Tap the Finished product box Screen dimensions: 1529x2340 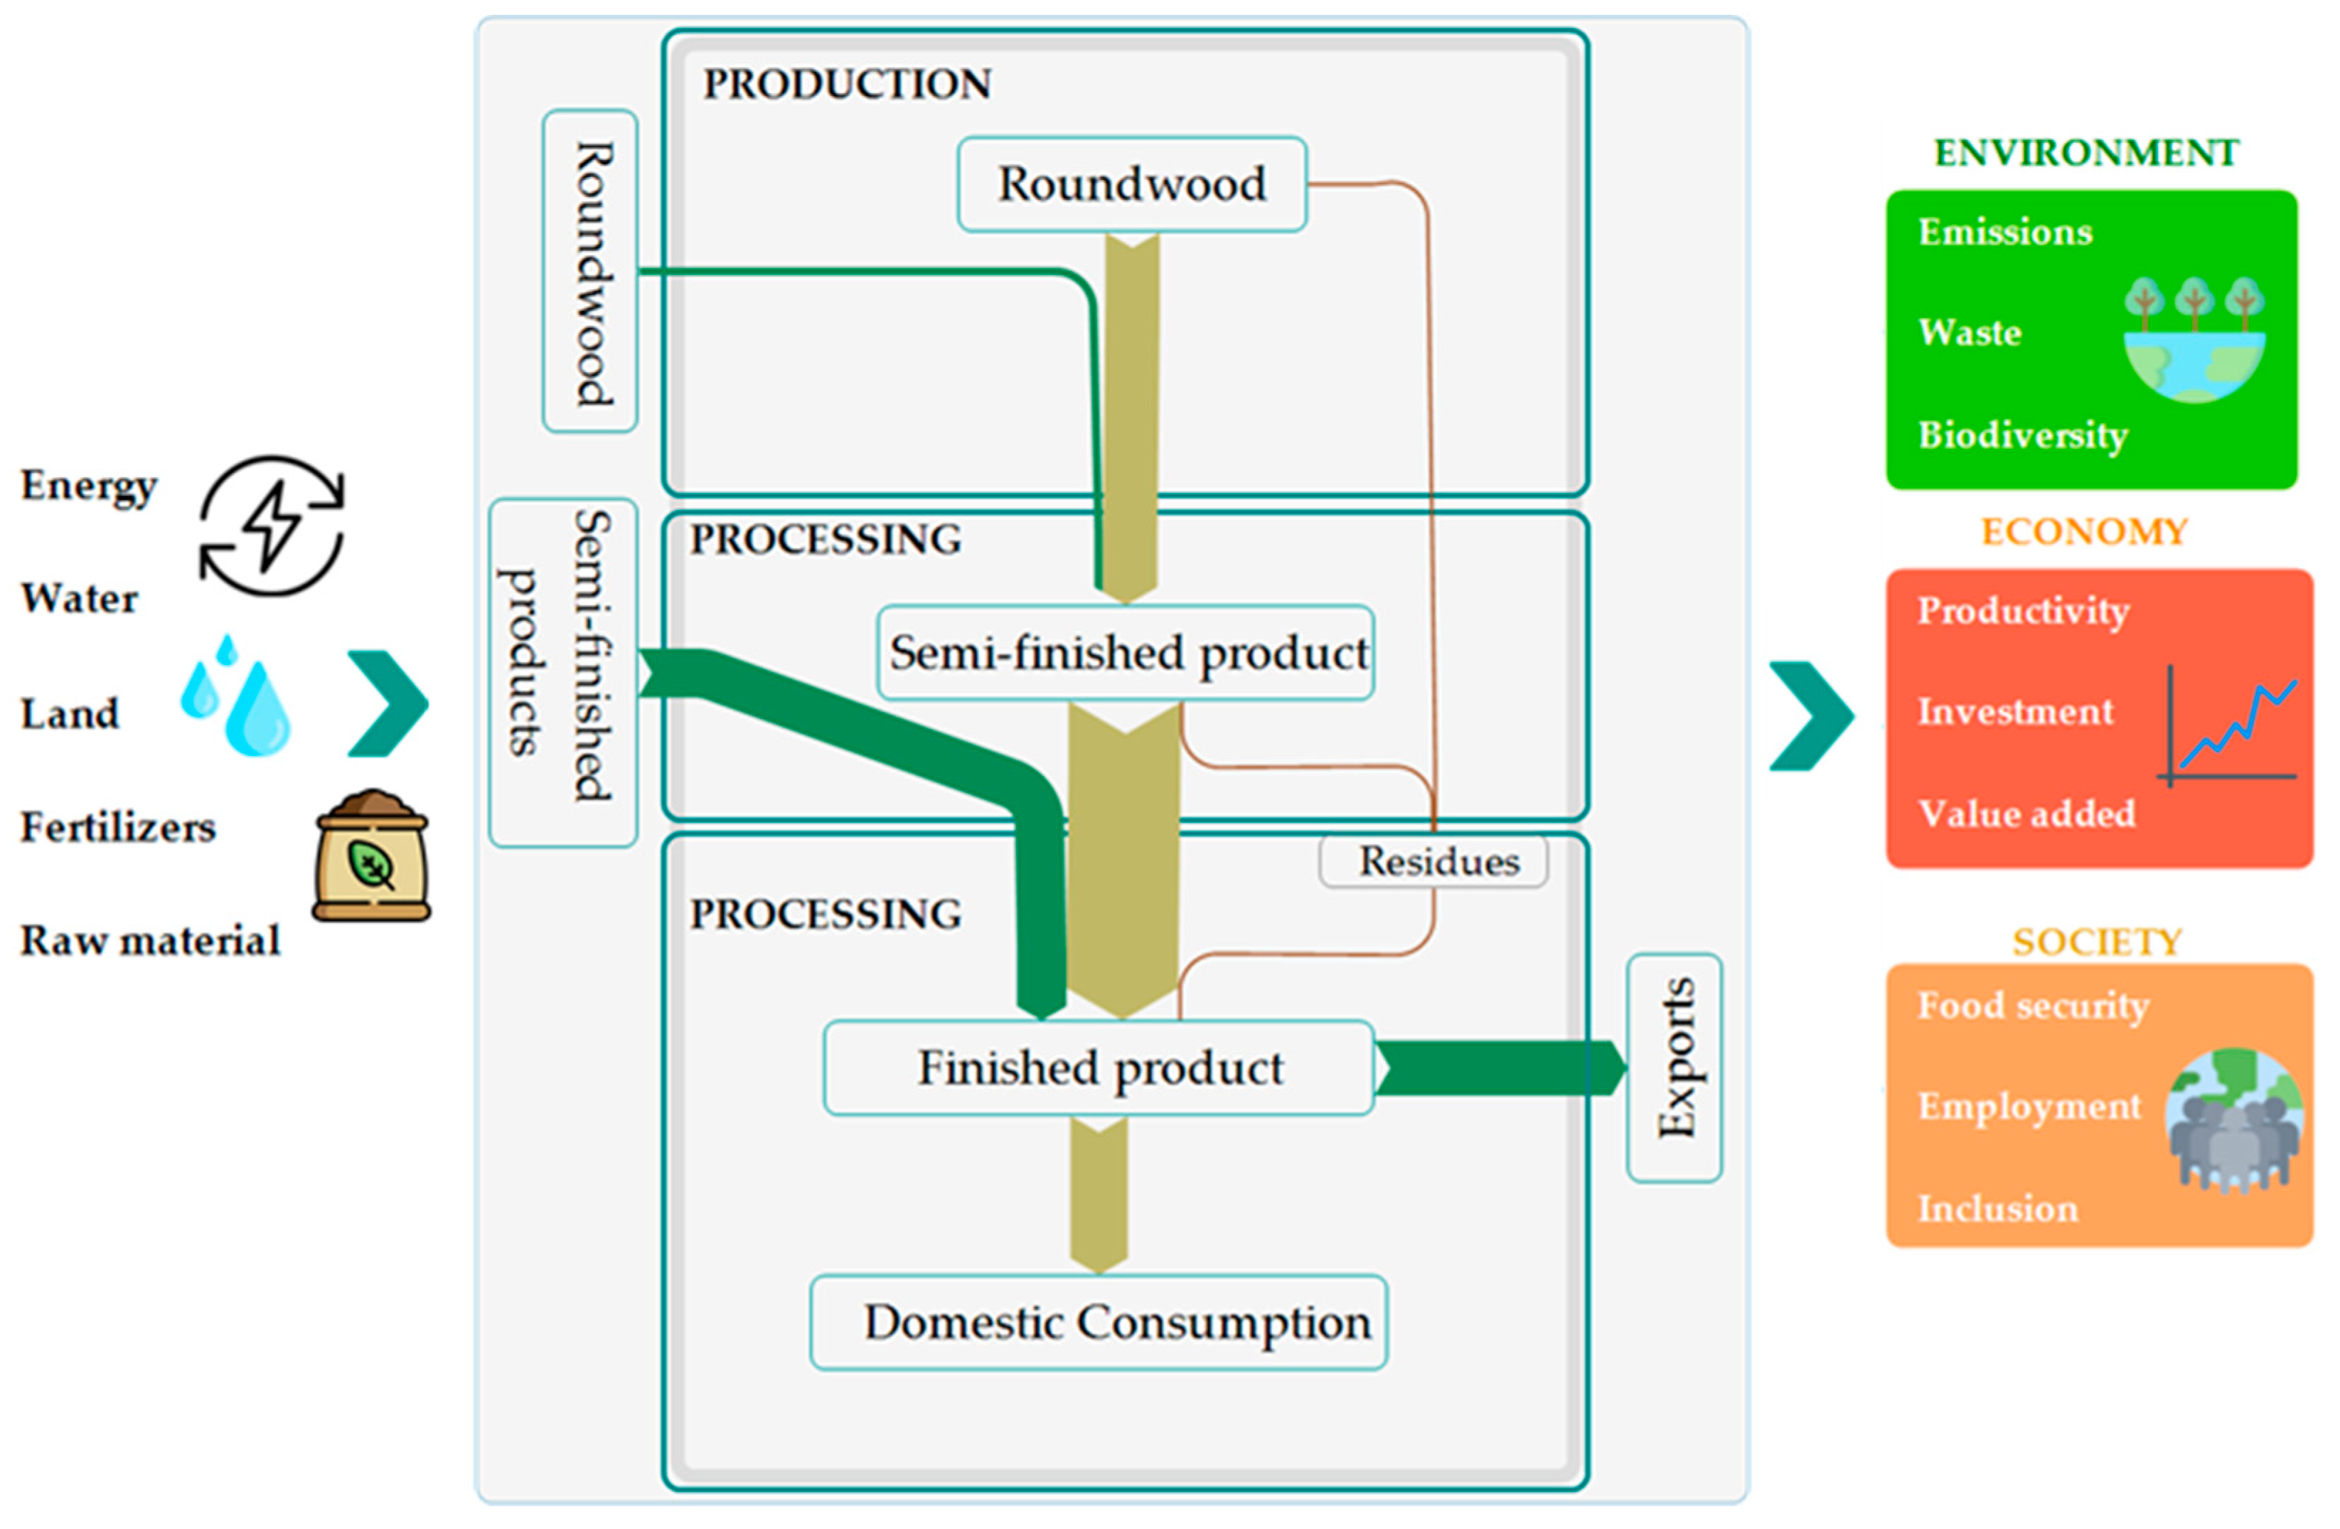click(1099, 1068)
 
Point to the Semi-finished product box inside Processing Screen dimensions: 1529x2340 click(1126, 653)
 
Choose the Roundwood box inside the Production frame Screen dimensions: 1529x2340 click(1132, 185)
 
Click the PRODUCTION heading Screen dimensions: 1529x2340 click(847, 85)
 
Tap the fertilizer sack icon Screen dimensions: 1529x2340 click(372, 856)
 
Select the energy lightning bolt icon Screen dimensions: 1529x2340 click(272, 526)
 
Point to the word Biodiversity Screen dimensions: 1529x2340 click(2022, 435)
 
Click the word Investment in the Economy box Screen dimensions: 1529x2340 click(2014, 711)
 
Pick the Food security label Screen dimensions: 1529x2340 click(2034, 1005)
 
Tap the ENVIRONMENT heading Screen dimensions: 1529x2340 click(2085, 154)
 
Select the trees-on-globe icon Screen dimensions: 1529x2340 click(2194, 339)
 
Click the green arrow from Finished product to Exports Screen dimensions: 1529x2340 click(1500, 1068)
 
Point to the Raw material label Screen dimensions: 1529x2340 click(151, 941)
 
